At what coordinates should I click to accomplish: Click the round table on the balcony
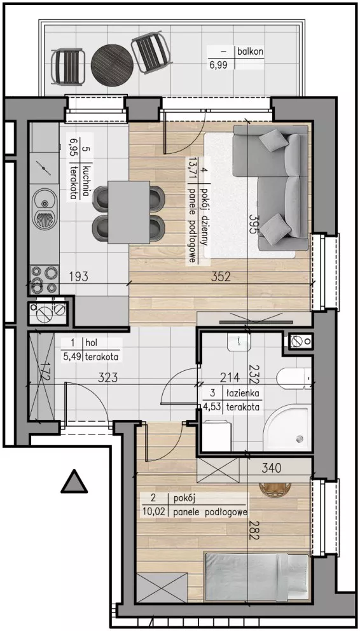point(112,65)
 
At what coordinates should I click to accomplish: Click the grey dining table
point(128,212)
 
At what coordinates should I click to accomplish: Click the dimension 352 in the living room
point(221,277)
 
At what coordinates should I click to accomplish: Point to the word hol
point(92,343)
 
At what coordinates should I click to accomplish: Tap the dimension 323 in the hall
point(108,378)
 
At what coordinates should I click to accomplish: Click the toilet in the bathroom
point(294,377)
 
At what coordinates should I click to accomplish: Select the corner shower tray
point(288,427)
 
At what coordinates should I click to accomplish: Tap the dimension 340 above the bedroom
point(271,468)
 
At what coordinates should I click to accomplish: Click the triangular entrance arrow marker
point(74,482)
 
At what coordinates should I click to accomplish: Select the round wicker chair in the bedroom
point(275,489)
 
